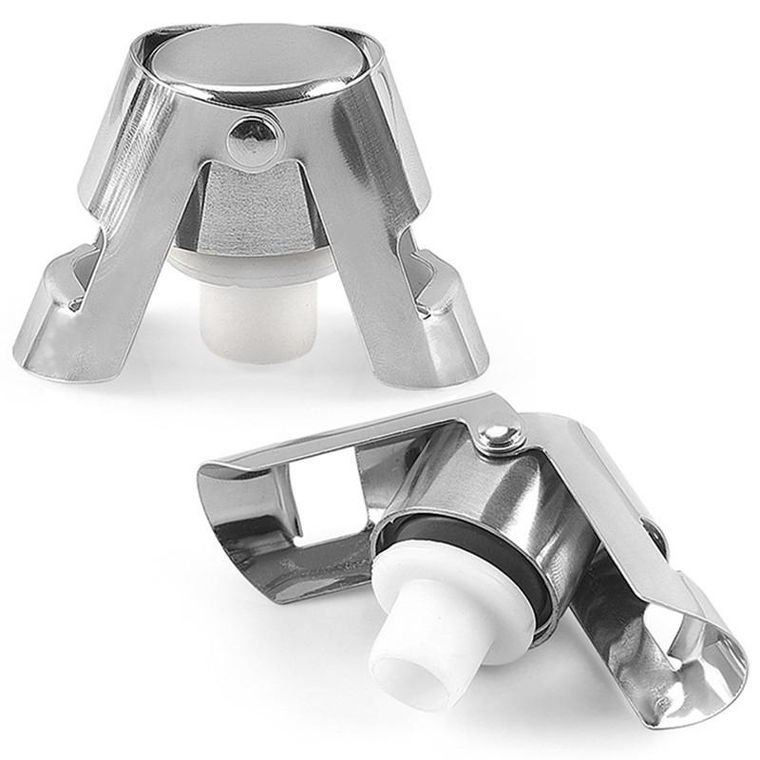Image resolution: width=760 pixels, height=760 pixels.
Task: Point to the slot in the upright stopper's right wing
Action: [418, 271]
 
